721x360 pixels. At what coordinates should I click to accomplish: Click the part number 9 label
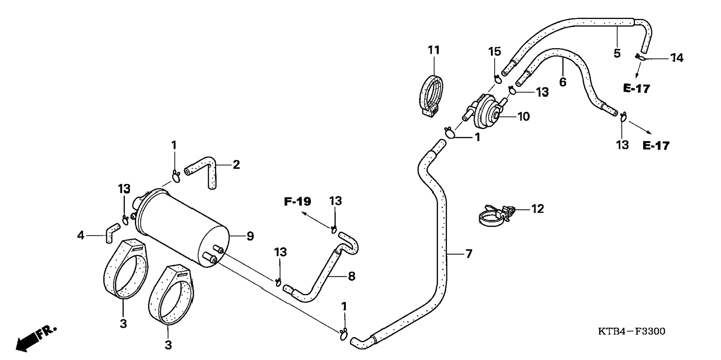(x=250, y=236)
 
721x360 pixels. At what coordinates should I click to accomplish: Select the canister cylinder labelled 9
(x=183, y=228)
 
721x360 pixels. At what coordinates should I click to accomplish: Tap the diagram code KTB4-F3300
(x=632, y=331)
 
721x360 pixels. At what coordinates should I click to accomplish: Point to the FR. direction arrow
(x=35, y=338)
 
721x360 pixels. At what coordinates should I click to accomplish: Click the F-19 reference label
(x=297, y=202)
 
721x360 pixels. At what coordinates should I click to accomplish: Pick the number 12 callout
(x=538, y=209)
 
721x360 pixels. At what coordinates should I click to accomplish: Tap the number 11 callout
(x=434, y=50)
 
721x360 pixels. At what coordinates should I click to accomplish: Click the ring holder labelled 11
(x=432, y=95)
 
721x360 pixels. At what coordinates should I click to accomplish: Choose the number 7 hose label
(x=469, y=254)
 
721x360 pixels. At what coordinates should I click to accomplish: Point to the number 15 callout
(x=495, y=52)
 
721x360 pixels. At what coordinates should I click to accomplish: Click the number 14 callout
(x=677, y=58)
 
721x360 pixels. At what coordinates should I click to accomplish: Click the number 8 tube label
(x=351, y=276)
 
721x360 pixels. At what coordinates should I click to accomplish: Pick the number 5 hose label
(x=617, y=53)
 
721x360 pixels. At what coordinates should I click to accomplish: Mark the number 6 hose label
(x=563, y=82)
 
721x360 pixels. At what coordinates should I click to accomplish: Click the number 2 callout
(x=236, y=165)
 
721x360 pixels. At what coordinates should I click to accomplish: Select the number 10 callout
(x=524, y=117)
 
